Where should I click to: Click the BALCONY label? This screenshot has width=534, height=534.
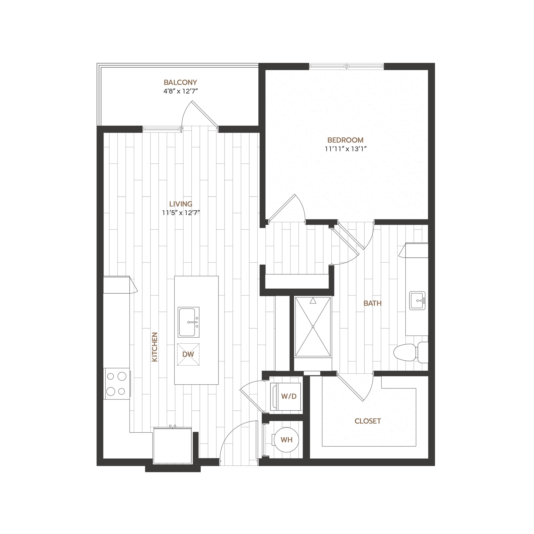180,82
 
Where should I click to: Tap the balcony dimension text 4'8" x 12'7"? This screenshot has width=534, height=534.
181,91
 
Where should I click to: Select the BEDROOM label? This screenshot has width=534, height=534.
345,140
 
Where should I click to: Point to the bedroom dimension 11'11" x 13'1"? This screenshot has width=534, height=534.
345,149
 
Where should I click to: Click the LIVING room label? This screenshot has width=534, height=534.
181,204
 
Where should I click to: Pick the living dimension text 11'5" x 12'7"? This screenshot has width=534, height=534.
181,213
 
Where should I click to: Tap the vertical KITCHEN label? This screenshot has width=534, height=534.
155,347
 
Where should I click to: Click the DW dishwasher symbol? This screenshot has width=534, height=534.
188,354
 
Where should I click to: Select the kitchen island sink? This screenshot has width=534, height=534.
189,322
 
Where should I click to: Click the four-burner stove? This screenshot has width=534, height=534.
117,384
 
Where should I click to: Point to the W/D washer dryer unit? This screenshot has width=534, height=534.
287,396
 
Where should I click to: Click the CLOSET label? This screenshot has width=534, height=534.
368,421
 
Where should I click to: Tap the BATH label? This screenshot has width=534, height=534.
372,303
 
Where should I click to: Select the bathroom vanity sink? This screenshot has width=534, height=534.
417,300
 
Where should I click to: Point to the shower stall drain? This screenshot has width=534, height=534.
313,327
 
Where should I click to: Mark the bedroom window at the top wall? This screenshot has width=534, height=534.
346,66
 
